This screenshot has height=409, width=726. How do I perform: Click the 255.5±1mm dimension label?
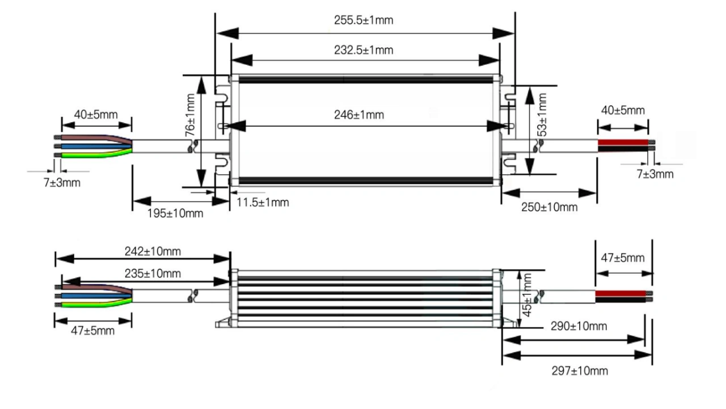pos(364,20)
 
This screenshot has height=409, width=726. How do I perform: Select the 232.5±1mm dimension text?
pos(364,50)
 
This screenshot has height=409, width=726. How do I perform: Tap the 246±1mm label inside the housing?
pos(359,115)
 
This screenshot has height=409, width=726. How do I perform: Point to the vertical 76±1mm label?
pos(190,115)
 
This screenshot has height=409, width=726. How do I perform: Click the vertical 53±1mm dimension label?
pos(542,115)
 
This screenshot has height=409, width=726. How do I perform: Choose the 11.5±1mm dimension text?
pos(263,202)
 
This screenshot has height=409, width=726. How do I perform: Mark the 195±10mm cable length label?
pos(175,213)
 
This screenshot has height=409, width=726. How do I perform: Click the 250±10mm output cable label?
pos(550,207)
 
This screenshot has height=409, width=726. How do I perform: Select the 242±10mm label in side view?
pos(153,251)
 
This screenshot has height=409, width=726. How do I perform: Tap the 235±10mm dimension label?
pos(153,273)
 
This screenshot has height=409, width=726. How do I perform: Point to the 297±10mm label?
pos(580,371)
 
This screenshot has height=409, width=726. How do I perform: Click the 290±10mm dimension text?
pos(579,326)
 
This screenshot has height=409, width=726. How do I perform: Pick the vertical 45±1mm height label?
pos(527,295)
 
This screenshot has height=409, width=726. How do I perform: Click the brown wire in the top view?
pos(96,139)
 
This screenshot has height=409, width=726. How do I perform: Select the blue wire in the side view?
pos(96,296)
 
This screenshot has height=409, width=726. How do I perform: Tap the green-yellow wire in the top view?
pos(96,154)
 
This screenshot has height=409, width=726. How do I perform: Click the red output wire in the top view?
pos(623,143)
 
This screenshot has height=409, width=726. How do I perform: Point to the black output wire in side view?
pos(621,299)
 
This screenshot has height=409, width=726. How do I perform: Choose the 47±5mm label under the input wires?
pos(92,331)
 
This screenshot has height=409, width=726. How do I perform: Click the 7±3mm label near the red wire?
pos(655,174)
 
